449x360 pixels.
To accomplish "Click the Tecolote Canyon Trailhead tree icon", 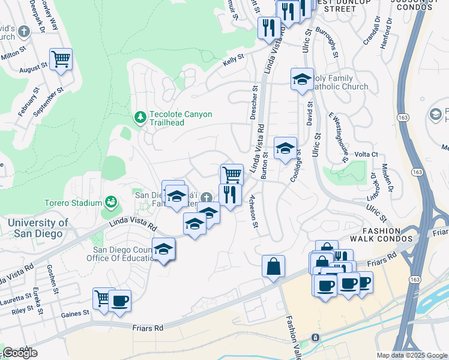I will click(140, 116).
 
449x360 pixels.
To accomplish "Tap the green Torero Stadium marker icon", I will click(111, 202).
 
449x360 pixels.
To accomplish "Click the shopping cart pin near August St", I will click(61, 59).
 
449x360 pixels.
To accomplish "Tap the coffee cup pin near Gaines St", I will click(119, 301).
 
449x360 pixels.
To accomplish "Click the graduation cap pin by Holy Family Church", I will click(302, 79).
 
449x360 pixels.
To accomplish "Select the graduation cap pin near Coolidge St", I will click(285, 148).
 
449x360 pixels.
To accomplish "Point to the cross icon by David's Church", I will click(24, 31).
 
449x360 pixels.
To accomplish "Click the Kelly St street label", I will click(234, 58).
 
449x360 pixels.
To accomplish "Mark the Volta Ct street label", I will click(366, 154).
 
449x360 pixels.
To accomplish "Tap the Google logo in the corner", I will click(20, 353).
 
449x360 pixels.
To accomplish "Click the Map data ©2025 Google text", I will click(412, 355).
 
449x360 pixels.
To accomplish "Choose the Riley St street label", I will click(22, 310).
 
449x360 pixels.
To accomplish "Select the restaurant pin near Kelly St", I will click(268, 27).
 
